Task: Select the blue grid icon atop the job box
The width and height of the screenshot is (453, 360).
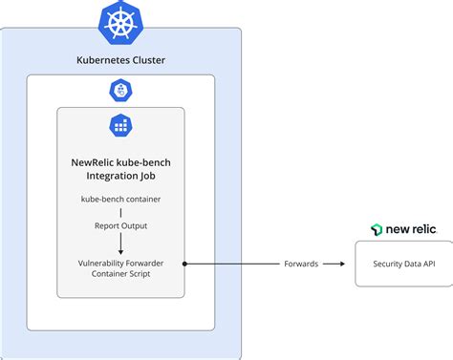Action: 120,124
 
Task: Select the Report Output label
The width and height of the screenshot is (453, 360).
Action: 120,226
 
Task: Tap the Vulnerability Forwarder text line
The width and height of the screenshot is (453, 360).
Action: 120,262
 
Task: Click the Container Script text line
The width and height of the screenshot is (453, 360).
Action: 120,274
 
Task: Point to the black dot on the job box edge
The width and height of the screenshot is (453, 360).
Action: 183,263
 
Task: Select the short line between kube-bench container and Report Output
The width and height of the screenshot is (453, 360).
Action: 120,212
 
